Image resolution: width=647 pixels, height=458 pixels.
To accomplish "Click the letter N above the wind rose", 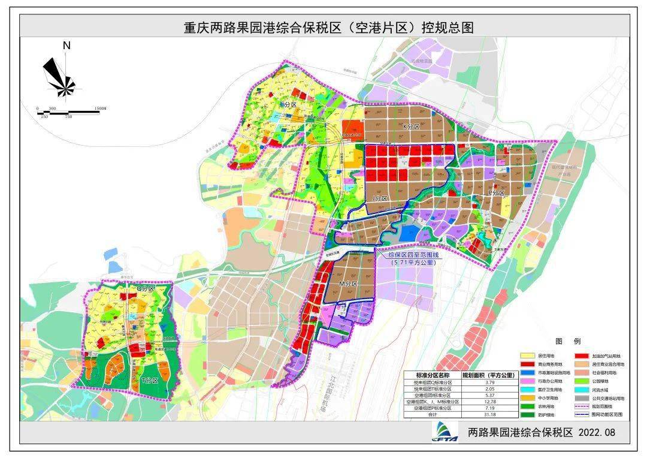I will [66, 46].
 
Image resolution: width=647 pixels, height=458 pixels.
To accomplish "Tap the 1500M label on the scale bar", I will [99, 109].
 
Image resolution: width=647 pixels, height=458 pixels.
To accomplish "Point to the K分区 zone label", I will [413, 127].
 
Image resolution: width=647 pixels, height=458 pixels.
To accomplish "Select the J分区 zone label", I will [380, 198].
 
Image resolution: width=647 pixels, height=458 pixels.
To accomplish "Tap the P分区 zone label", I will [497, 193].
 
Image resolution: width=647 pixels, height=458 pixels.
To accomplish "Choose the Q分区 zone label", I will [146, 288].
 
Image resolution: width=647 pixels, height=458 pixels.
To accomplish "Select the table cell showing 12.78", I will [490, 402].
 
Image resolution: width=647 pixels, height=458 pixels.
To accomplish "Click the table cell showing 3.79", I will [490, 382].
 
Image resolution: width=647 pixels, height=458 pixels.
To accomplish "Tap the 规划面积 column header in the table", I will [490, 375].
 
